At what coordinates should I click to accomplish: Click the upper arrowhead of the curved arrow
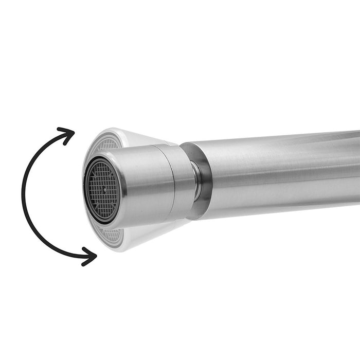67,134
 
